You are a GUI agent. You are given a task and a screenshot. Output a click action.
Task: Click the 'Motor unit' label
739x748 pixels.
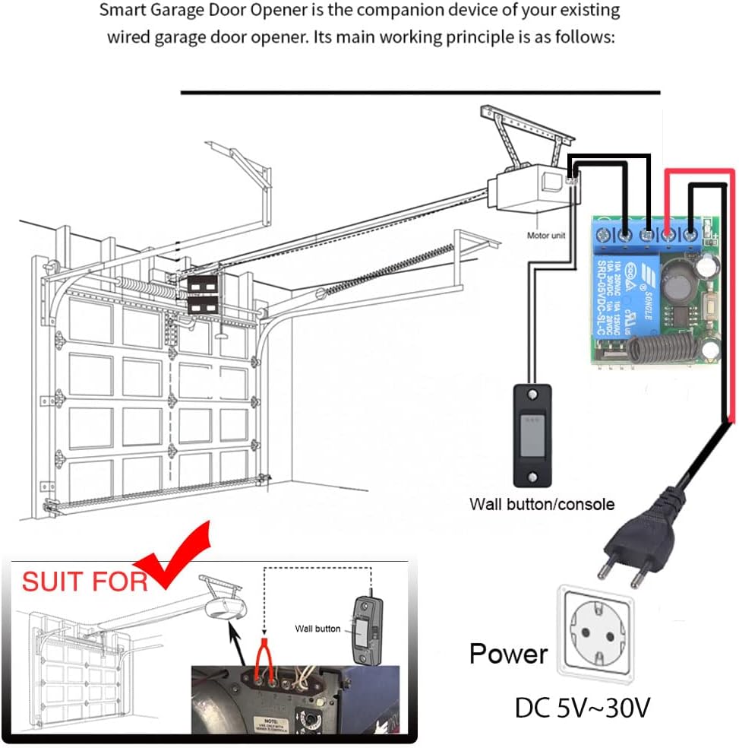pos(546,236)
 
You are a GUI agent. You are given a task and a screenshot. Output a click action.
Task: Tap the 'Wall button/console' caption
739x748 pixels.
pos(542,504)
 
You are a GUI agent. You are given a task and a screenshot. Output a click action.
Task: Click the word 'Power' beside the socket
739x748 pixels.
pos(508,654)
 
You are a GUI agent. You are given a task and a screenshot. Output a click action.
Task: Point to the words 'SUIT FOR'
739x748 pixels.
pos(84,582)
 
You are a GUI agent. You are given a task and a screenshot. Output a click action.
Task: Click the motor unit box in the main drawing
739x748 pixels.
pos(529,186)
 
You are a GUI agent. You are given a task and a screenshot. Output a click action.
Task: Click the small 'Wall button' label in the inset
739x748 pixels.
pos(317,629)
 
